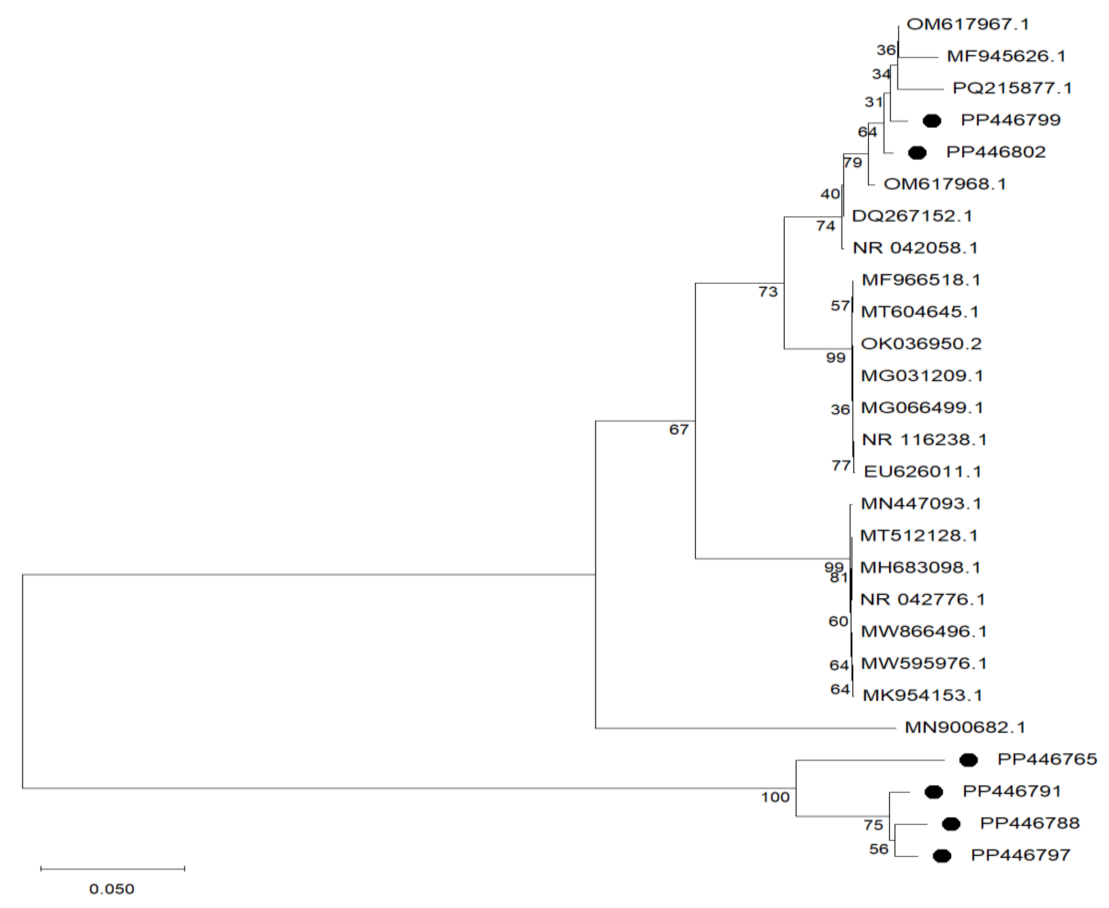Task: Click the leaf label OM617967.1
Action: coord(967,24)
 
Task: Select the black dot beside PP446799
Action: coord(932,121)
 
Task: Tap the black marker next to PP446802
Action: coord(917,153)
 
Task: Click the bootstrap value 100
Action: coord(775,797)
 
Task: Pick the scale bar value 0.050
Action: coord(112,889)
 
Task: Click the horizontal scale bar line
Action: coord(113,869)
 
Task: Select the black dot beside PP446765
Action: coord(968,760)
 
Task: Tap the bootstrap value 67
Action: coord(679,429)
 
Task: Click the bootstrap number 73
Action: coord(768,292)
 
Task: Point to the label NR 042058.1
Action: coord(915,248)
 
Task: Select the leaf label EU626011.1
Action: coord(922,472)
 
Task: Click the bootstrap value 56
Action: coord(879,849)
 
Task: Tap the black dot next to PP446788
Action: coord(951,824)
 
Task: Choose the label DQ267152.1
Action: coord(912,216)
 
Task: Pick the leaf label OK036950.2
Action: coord(921,344)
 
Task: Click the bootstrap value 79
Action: coord(852,162)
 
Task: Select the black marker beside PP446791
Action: coord(934,792)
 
